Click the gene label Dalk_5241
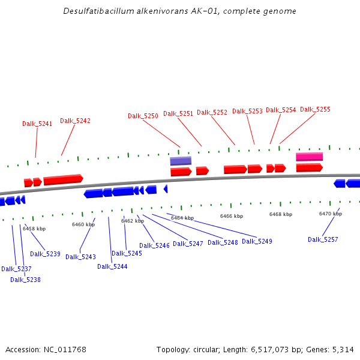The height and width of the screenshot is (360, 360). coord(37,124)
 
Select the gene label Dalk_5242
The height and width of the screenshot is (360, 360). coord(75,121)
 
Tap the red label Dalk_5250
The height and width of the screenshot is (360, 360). coord(143,116)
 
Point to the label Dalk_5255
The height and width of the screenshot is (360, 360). coord(315,109)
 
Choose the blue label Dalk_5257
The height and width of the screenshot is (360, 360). coord(323,239)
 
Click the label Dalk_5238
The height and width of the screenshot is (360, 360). coord(25,280)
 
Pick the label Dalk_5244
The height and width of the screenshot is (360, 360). coord(112,266)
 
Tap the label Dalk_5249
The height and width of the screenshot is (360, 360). coord(257,241)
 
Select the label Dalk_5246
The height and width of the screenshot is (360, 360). coord(154,245)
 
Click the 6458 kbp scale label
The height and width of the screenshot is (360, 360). coord(34,229)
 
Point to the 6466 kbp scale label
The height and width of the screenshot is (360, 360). coord(232,216)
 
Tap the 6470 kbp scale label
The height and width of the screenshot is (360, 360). coord(330,214)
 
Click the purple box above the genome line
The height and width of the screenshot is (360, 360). coord(181,161)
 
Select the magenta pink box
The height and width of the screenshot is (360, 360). coord(309,157)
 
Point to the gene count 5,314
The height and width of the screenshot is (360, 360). coord(343,349)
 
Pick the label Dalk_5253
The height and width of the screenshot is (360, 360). coord(247,111)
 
